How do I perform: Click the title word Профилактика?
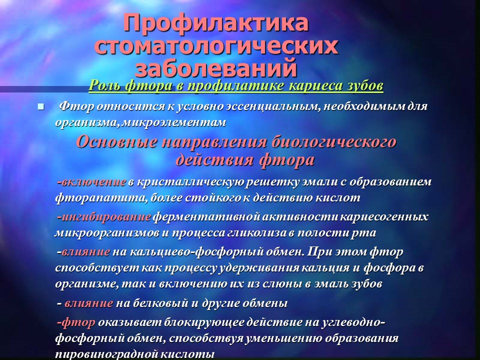point(216,23)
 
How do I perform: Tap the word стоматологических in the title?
point(216,46)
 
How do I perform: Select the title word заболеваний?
point(216,67)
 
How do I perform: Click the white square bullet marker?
point(40,107)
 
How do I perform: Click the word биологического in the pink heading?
point(334,142)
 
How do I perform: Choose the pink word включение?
point(93,182)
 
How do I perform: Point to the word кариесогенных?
point(384,217)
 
